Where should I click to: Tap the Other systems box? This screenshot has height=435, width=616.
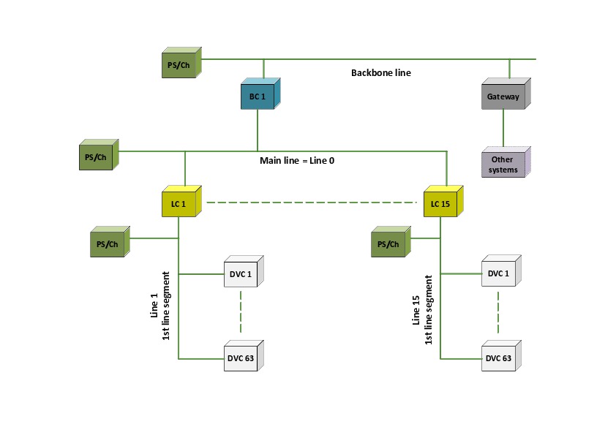tap(504, 164)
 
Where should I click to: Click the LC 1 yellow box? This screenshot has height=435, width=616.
tap(179, 203)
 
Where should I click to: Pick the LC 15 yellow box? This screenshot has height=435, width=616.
tap(440, 203)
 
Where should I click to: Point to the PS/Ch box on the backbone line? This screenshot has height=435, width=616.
tap(179, 64)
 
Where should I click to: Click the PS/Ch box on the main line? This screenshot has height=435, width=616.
tap(96, 157)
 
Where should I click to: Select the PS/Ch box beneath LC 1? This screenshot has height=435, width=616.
tap(107, 243)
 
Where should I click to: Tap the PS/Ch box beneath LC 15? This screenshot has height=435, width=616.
tap(388, 243)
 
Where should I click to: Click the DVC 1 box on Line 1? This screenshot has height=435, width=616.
tap(240, 274)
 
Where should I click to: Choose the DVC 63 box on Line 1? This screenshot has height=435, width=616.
tap(240, 358)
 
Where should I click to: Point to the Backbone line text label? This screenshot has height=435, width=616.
tap(380, 73)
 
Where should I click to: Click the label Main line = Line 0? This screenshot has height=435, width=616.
tap(297, 160)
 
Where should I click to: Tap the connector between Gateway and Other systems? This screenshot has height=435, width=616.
tap(503, 129)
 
